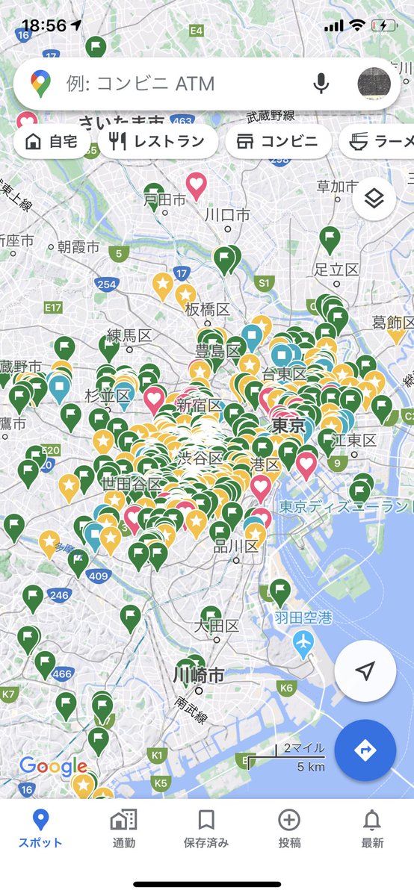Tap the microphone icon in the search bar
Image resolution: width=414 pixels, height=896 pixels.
tap(321, 84)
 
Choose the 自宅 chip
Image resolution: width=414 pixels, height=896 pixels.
tap(51, 142)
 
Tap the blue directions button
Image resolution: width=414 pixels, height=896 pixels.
tap(365, 750)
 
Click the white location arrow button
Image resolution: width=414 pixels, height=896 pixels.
tap(365, 671)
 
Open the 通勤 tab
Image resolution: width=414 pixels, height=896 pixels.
tap(123, 829)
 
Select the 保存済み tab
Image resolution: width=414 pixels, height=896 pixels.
tap(206, 829)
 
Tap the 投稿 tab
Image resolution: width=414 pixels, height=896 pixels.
tap(289, 829)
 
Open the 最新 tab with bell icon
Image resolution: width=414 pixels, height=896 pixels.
tap(372, 829)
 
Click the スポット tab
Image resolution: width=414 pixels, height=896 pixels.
tap(41, 829)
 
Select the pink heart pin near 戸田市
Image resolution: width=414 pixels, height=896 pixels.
tap(196, 184)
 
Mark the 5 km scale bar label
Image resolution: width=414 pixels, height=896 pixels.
tap(310, 767)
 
